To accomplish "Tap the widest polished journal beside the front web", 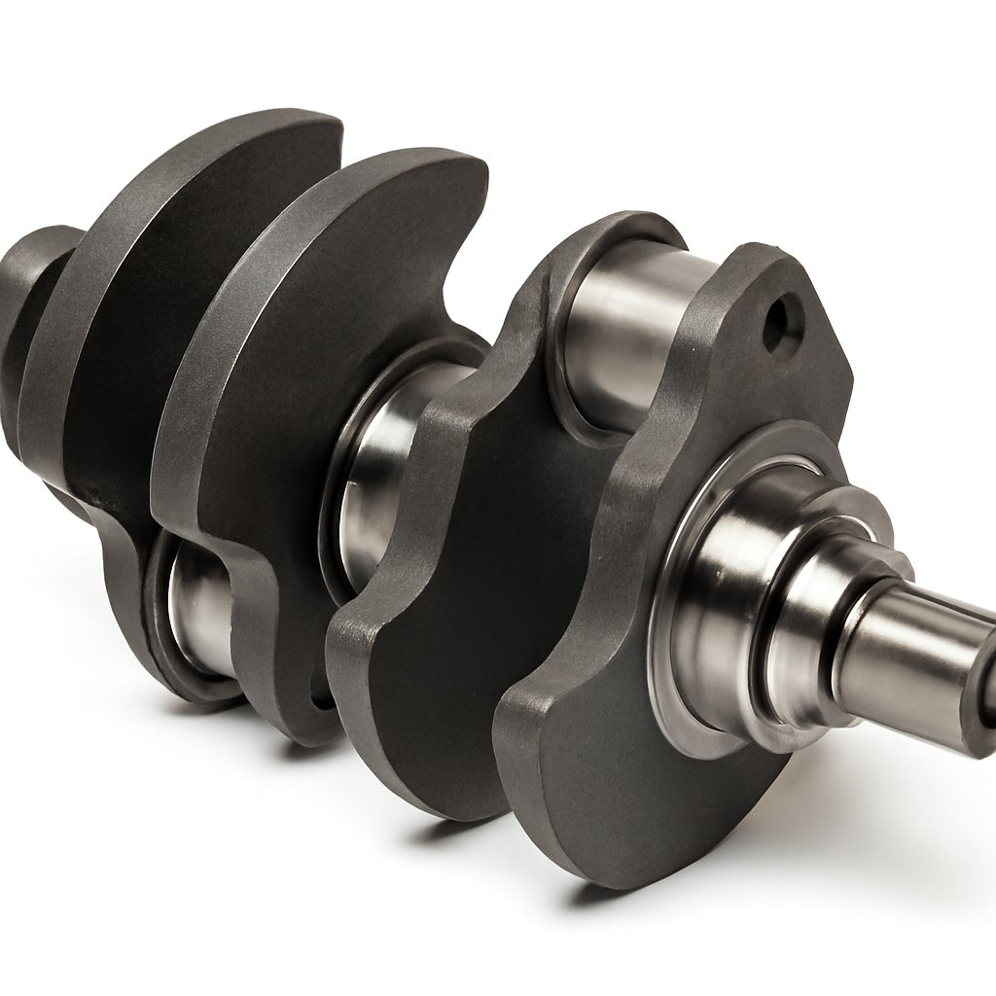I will click(x=720, y=622).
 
